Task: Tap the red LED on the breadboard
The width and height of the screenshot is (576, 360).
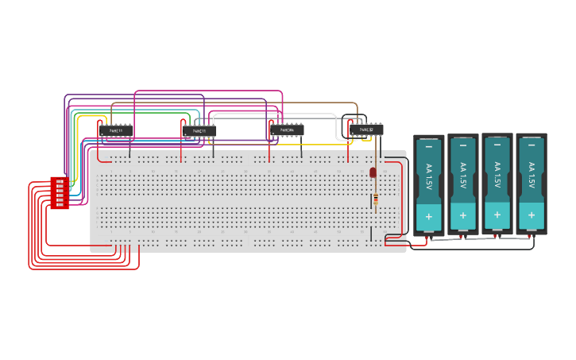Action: [x=373, y=172]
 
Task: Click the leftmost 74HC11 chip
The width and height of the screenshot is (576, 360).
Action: [x=116, y=130]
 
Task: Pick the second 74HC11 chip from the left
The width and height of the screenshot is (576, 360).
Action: [x=199, y=130]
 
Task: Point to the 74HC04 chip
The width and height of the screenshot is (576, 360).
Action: [x=287, y=130]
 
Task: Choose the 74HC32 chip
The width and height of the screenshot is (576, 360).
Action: [x=366, y=130]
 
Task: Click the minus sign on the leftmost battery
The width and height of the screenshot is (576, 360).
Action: [x=429, y=147]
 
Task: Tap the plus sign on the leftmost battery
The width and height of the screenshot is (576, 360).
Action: [x=429, y=216]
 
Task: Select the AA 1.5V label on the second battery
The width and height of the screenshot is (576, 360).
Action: [x=463, y=176]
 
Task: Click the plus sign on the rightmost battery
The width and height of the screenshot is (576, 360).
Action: [x=532, y=215]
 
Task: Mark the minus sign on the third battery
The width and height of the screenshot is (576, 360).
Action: [x=497, y=145]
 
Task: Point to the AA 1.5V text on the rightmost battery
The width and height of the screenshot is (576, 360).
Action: [x=532, y=175]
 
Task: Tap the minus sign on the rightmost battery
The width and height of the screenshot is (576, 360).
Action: [x=532, y=145]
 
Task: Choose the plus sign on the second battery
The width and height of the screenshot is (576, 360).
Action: [x=463, y=215]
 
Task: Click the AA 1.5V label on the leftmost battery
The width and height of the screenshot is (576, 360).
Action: [x=429, y=176]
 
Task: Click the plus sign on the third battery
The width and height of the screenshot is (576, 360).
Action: [x=497, y=215]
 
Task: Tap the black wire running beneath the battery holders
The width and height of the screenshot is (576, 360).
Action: [x=477, y=249]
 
